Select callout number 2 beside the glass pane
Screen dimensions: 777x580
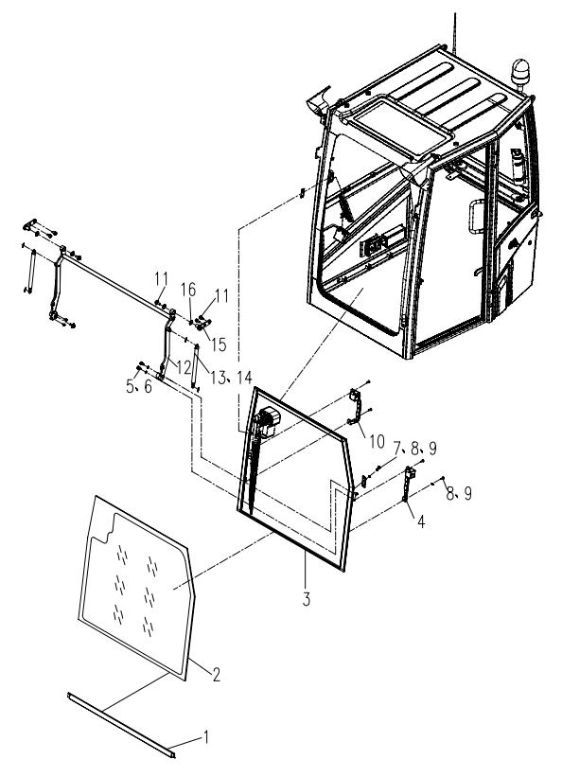coord(215,675)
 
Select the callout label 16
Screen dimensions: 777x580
coord(189,290)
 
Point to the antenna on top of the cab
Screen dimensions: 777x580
coord(455,24)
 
